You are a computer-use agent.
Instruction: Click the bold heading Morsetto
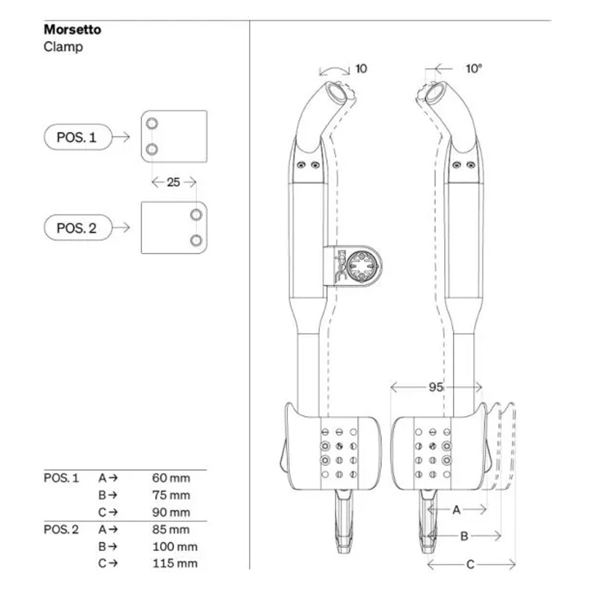72,30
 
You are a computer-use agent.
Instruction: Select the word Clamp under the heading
62,46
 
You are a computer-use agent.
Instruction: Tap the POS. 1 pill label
77,137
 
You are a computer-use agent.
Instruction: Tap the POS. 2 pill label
77,228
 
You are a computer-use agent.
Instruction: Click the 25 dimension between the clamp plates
173,181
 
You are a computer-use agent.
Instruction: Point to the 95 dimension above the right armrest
437,387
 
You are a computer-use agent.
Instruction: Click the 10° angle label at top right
474,68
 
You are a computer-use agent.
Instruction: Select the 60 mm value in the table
170,477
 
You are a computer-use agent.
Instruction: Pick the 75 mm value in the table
170,495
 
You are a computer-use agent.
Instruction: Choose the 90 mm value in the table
170,512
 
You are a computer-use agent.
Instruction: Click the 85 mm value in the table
170,530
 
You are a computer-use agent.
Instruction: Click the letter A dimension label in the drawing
457,509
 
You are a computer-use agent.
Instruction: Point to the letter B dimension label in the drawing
463,535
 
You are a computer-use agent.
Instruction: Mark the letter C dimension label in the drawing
470,565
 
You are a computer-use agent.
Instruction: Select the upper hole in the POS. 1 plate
152,123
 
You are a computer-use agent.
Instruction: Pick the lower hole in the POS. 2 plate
196,240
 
